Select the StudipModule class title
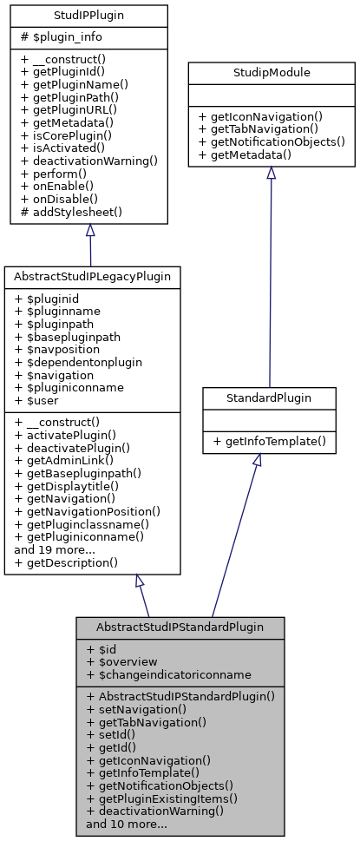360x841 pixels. pyautogui.click(x=271, y=74)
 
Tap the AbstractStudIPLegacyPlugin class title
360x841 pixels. pyautogui.click(x=91, y=275)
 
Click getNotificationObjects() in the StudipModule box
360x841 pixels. pyautogui.click(x=272, y=141)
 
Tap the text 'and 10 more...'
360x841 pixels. pyautogui.click(x=127, y=825)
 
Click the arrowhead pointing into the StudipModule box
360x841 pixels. pyautogui.click(x=271, y=173)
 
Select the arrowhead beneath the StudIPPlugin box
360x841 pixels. pyautogui.click(x=89, y=231)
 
